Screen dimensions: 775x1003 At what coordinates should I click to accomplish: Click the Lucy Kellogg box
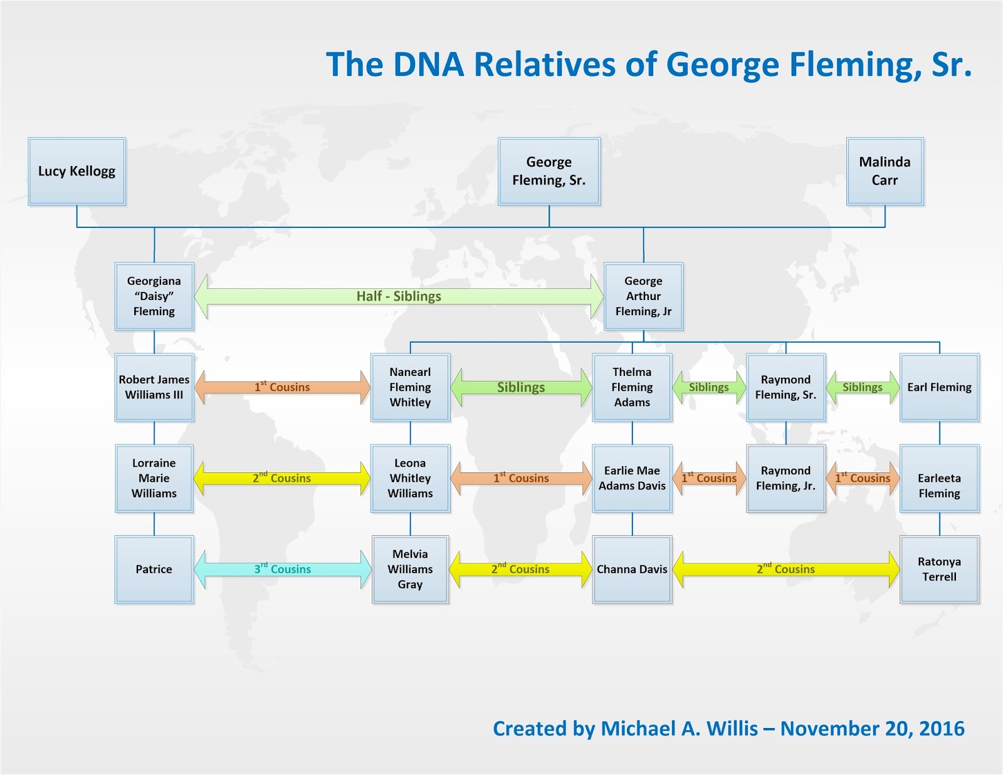pos(76,171)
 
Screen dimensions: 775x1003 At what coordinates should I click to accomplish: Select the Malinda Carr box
pos(885,171)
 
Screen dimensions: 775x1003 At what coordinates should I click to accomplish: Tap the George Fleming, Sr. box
pos(549,171)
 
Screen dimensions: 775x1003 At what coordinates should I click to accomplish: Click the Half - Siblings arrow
pos(399,296)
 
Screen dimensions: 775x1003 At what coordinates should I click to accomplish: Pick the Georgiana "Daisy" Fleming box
pos(154,296)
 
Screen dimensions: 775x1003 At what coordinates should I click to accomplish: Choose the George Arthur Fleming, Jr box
pos(643,296)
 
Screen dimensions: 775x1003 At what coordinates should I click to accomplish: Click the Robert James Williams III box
pos(154,387)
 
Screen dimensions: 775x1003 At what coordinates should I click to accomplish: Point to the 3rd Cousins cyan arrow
pos(282,569)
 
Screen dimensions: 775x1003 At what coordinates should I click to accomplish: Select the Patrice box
pos(154,569)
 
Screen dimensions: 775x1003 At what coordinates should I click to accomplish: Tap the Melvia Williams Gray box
pos(410,569)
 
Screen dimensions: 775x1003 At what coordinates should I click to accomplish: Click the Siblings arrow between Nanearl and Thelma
pos(521,387)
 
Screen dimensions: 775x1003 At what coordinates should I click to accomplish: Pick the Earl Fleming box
pos(939,387)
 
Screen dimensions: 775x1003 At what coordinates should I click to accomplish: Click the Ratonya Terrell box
pos(939,569)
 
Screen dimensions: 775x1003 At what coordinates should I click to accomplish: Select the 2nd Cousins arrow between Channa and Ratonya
pos(785,569)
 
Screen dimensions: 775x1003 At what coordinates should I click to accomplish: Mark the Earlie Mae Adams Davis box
pos(632,478)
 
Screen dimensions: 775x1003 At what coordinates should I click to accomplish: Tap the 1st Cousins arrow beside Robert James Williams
pos(282,387)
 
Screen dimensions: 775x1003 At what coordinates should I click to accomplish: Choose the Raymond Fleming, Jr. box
pos(785,478)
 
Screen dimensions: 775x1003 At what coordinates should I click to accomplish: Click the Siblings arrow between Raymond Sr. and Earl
pos(862,387)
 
